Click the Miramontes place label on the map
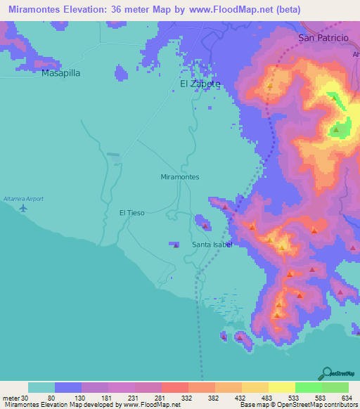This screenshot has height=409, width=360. [180, 177]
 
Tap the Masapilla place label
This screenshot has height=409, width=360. [60, 72]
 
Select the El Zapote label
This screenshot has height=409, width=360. [200, 84]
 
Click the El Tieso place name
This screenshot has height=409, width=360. [131, 212]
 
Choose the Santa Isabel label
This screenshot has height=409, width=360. [212, 245]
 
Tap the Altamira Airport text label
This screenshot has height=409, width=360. [23, 199]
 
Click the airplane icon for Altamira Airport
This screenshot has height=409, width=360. [23, 208]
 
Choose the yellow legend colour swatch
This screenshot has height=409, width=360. [281, 387]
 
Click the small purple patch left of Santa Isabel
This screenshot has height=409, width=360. [174, 244]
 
